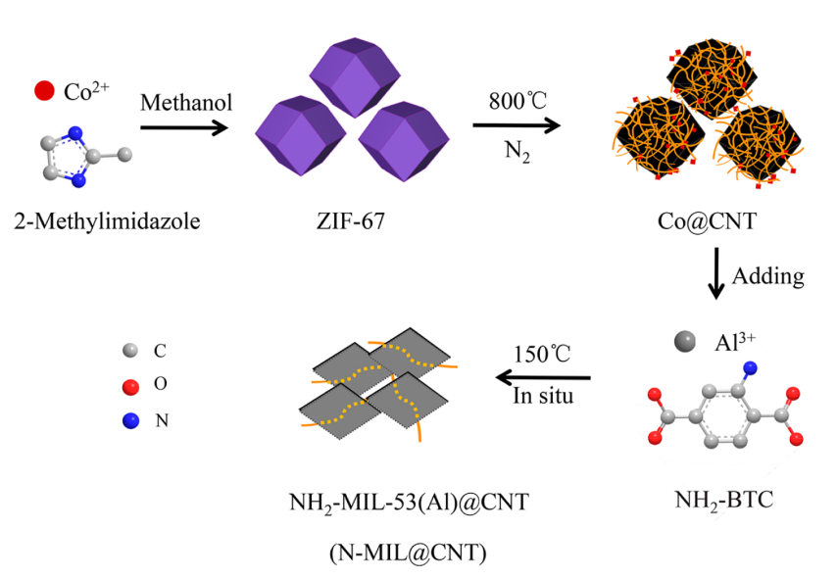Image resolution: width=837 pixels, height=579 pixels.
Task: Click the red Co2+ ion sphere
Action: click(43, 92)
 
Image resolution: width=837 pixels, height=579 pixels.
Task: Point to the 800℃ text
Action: click(517, 101)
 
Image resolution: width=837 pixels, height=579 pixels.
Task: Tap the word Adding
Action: click(770, 276)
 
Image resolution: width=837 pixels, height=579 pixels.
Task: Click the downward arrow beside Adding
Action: click(716, 275)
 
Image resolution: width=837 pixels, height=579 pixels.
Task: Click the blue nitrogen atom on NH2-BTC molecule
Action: click(750, 369)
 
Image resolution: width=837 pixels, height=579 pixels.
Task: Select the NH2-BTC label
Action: click(724, 502)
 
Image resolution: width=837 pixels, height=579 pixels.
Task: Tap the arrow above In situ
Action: click(545, 376)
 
